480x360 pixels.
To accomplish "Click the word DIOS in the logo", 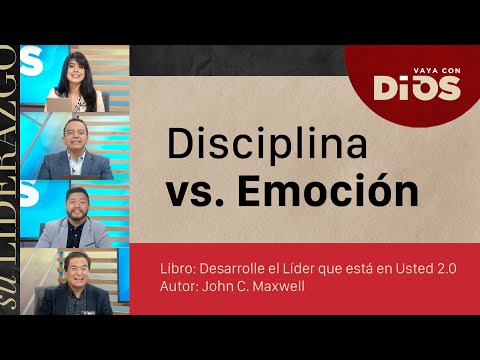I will (x=418, y=88).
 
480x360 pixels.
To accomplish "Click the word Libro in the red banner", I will (x=177, y=268).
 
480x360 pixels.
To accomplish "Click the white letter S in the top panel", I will (x=31, y=61).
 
